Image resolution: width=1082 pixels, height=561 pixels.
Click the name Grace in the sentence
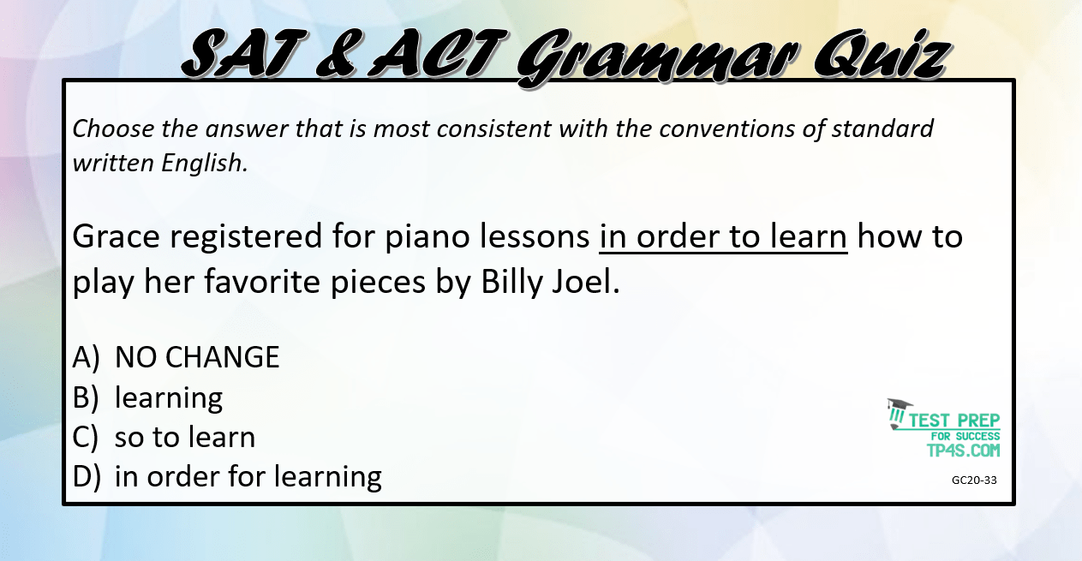[116, 236]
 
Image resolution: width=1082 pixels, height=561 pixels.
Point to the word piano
[427, 238]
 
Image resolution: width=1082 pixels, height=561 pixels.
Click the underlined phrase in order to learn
[723, 236]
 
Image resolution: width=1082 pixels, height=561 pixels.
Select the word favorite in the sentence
[262, 281]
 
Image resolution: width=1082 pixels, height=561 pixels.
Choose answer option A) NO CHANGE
[176, 357]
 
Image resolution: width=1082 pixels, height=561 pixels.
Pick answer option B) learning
[147, 398]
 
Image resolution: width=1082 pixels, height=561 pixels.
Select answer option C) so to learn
[164, 437]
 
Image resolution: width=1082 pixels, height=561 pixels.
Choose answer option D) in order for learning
[227, 477]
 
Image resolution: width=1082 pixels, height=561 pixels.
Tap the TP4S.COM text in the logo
[963, 451]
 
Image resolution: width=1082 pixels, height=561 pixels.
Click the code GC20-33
[974, 480]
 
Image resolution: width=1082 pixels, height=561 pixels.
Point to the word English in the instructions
[205, 164]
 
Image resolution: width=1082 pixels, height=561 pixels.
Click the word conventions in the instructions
[726, 129]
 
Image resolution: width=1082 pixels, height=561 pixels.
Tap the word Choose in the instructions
[114, 129]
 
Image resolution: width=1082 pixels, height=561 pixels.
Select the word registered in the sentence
[246, 237]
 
